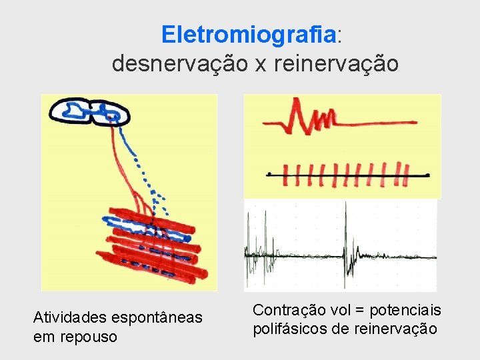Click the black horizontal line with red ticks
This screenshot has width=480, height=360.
pyautogui.click(x=347, y=175)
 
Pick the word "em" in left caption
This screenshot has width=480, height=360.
pyautogui.click(x=45, y=337)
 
